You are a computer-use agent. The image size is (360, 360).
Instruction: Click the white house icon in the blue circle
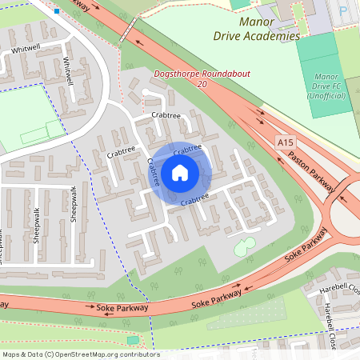pos(180,172)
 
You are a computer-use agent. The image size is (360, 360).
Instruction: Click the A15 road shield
pos(285,142)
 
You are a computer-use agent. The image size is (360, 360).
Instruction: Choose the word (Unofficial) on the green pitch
pos(326,96)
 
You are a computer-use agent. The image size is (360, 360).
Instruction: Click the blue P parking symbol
pos(343,12)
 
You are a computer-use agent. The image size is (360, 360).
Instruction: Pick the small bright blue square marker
pos(57,12)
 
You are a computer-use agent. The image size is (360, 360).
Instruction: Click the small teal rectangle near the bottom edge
pos(132,339)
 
